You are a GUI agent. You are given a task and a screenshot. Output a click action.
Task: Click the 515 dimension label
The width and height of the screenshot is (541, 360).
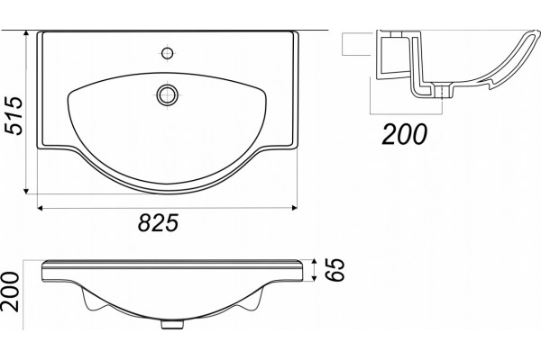click(14, 116)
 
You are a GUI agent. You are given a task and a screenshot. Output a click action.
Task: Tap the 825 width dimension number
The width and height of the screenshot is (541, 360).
click(159, 222)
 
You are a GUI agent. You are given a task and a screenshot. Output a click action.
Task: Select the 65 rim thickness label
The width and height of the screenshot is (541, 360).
click(335, 270)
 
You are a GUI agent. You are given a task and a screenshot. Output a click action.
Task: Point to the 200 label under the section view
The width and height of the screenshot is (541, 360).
click(404, 134)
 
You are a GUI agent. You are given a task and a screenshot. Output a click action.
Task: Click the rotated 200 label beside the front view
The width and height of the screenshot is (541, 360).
click(10, 292)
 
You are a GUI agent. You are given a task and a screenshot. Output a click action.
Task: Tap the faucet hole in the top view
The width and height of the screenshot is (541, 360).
click(168, 53)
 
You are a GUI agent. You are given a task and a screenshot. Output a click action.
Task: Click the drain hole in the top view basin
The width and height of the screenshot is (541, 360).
click(168, 94)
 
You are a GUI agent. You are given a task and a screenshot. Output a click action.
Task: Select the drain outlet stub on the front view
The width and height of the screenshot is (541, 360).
click(172, 324)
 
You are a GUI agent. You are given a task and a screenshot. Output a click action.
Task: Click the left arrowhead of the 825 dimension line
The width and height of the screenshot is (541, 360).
click(40, 207)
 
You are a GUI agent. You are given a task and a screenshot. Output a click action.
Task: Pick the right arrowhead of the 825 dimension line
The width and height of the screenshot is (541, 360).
click(294, 207)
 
